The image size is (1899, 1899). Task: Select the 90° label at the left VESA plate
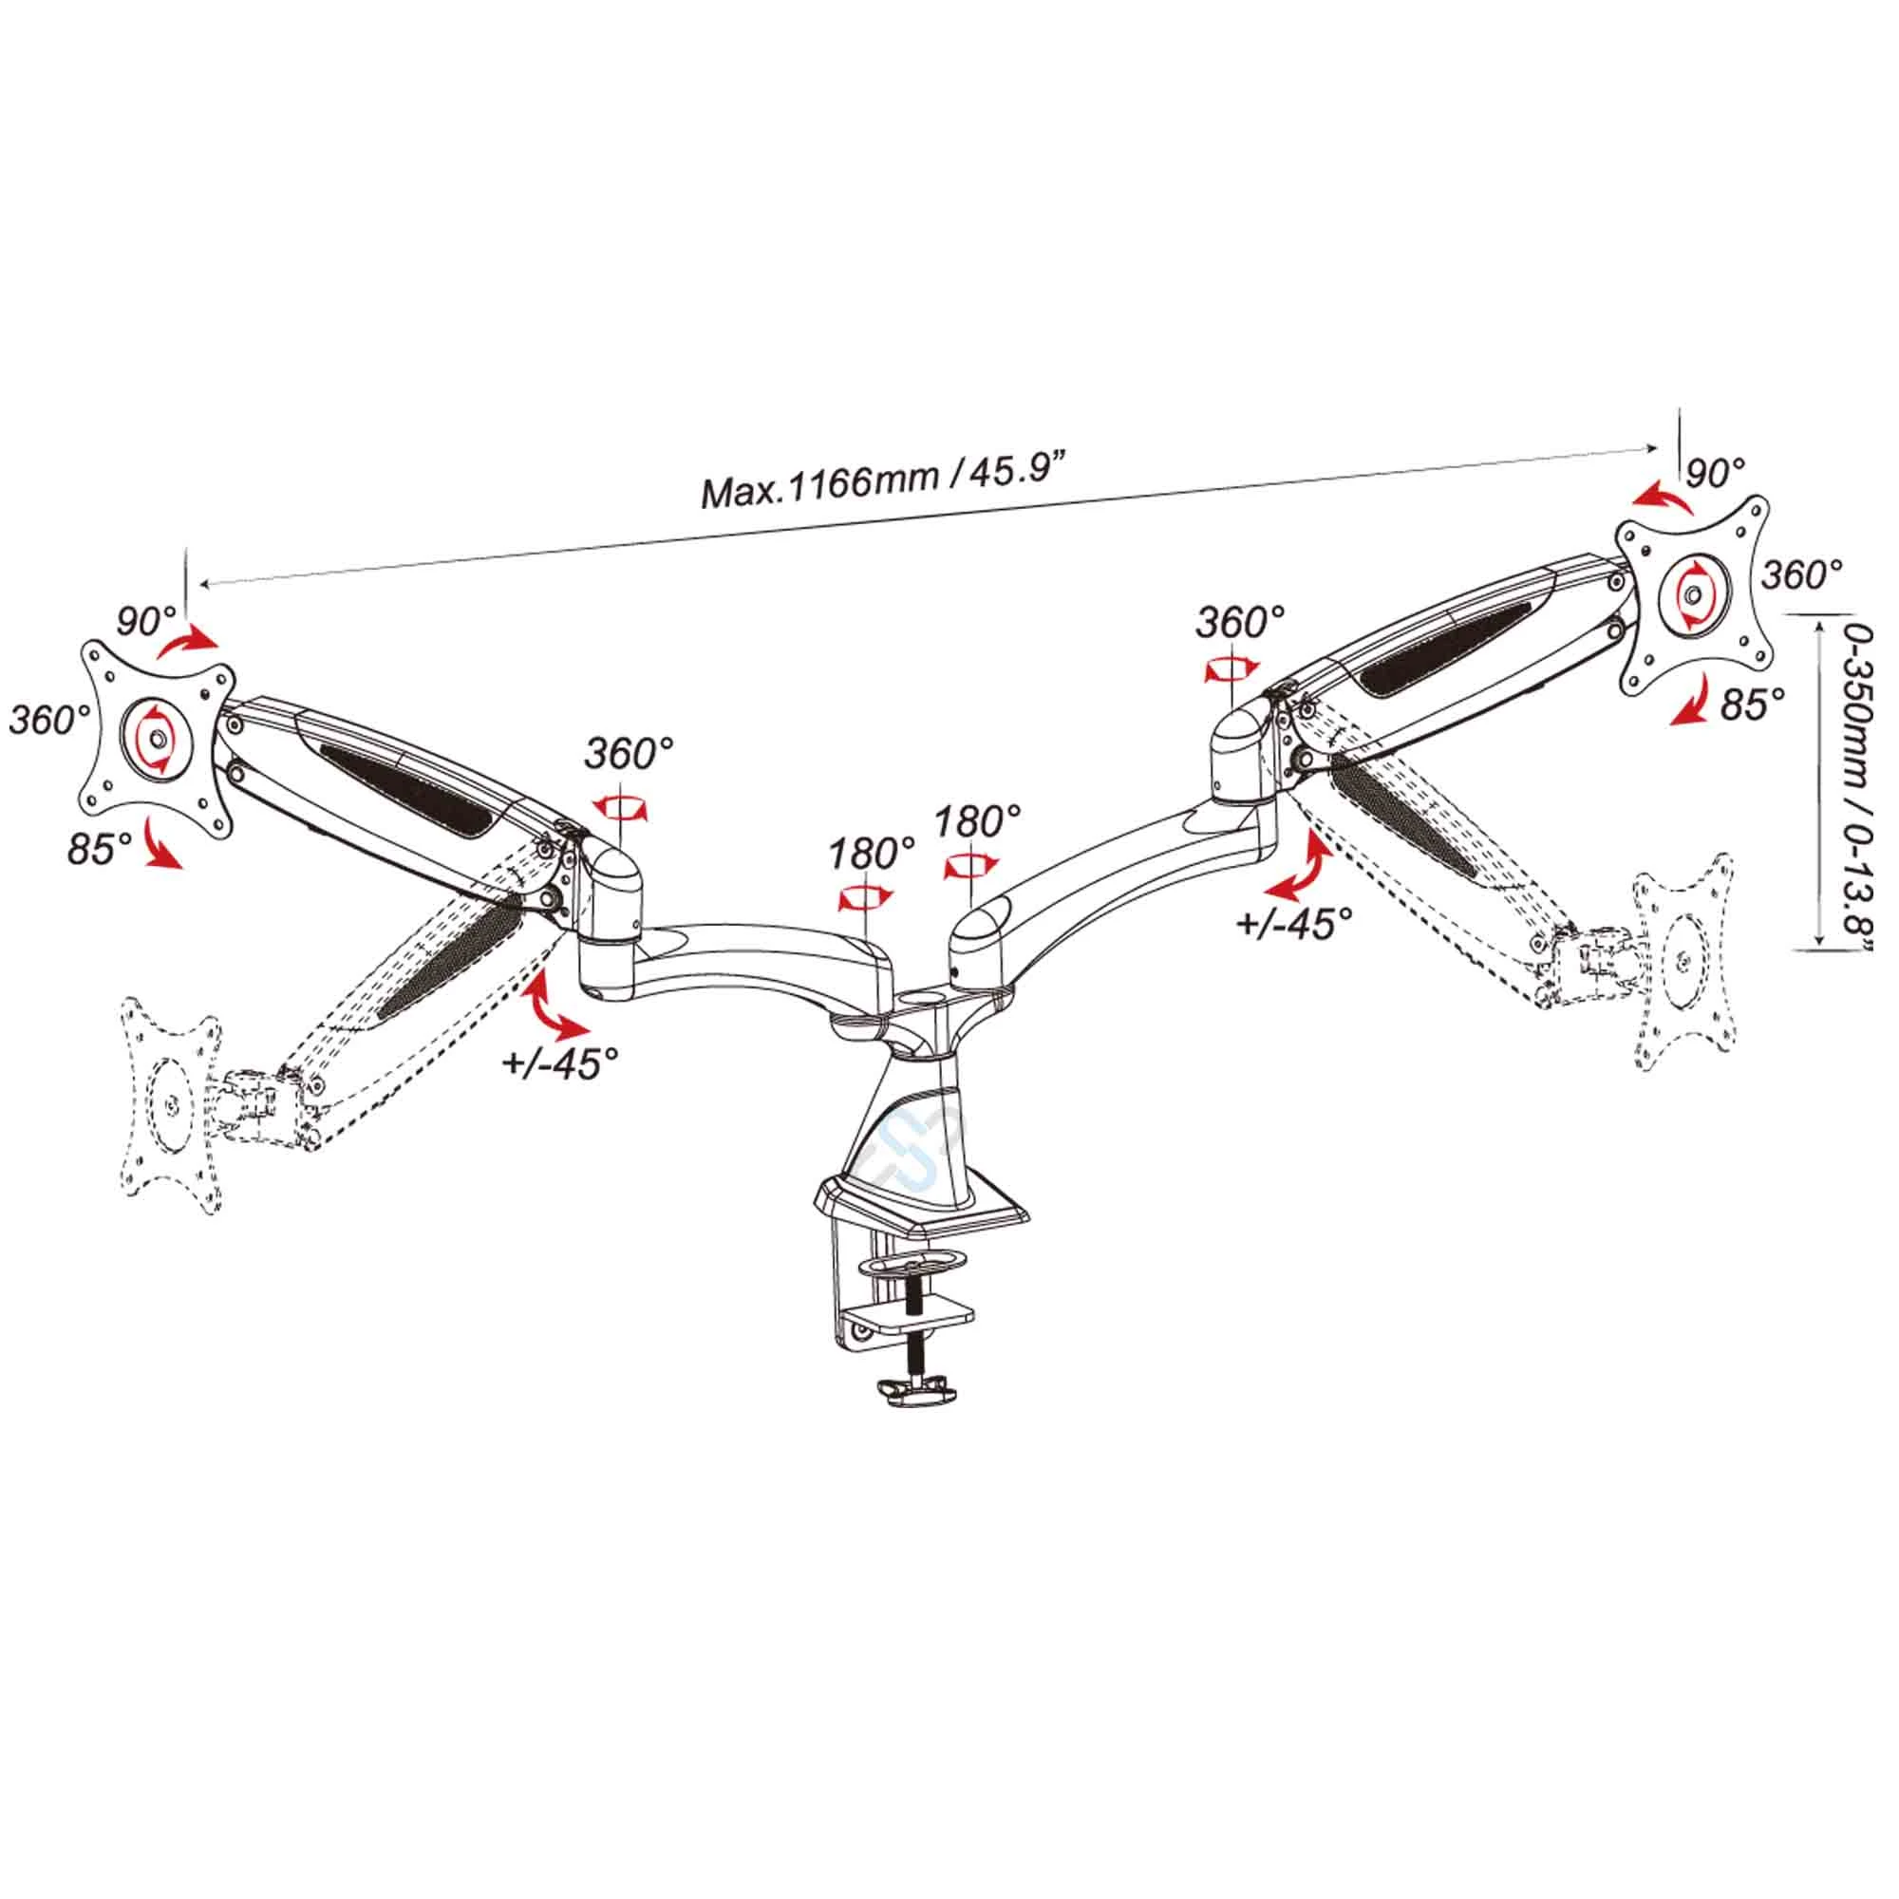[146, 621]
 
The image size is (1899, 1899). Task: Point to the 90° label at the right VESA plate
[1715, 474]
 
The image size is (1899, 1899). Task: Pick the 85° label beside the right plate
[1753, 705]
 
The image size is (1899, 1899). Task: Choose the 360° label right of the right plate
[1802, 575]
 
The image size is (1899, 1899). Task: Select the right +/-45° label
[1293, 924]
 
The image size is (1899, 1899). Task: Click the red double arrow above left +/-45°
[557, 1008]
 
